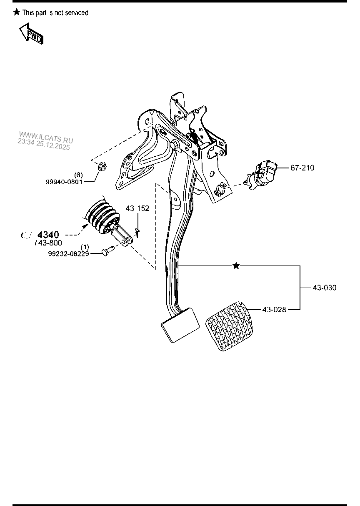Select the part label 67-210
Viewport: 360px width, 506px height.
pyautogui.click(x=302, y=168)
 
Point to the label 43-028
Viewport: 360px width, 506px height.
pyautogui.click(x=274, y=310)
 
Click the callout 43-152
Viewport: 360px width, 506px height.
pyautogui.click(x=138, y=208)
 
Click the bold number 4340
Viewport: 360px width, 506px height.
pyautogui.click(x=48, y=235)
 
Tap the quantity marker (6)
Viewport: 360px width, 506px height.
pyautogui.click(x=78, y=175)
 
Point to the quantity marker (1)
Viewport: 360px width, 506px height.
pyautogui.click(x=85, y=247)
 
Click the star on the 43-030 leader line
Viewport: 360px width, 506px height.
pyautogui.click(x=236, y=266)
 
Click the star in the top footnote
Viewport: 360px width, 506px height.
pyautogui.click(x=17, y=13)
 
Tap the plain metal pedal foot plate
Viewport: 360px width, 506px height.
pyautogui.click(x=180, y=325)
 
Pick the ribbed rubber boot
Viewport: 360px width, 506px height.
pyautogui.click(x=102, y=216)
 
